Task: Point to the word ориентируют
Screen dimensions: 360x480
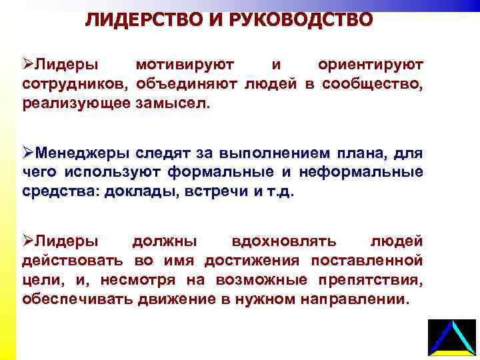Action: point(371,65)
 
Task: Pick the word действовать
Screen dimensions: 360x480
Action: point(75,259)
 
